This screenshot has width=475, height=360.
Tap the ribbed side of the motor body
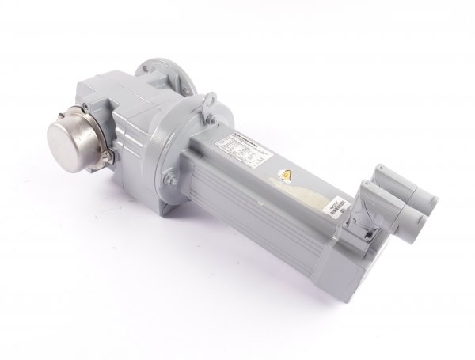coord(261,206)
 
